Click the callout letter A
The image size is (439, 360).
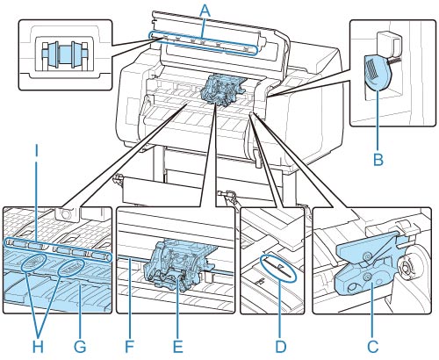pos(205,11)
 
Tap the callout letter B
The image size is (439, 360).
pos(378,160)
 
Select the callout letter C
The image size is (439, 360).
pos(372,347)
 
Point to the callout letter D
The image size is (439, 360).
pos(281,347)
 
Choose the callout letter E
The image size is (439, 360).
pos(177,347)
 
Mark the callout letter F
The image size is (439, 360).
pos(129,347)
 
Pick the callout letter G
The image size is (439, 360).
pos(80,347)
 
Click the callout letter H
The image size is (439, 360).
pos(38,347)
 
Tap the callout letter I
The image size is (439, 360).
pos(36,151)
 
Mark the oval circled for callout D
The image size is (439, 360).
pos(278,268)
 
